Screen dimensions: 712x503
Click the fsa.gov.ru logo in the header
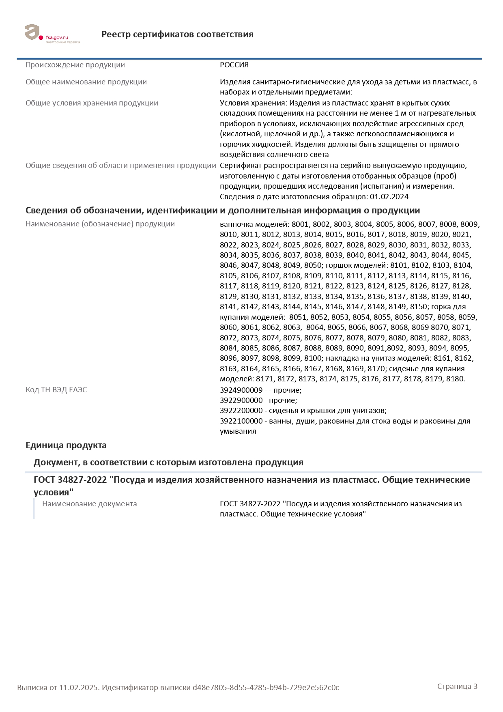pos(52,34)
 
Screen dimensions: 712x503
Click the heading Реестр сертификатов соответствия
pos(177,34)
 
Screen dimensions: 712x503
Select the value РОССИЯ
pos(234,65)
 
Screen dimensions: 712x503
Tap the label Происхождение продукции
pos(75,65)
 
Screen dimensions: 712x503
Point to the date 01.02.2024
pos(389,197)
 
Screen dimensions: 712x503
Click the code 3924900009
pos(241,390)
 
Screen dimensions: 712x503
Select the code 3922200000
pos(241,411)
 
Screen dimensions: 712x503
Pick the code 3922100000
pos(241,421)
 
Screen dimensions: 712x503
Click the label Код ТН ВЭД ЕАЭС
pos(56,390)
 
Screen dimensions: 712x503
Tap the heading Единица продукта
pos(66,445)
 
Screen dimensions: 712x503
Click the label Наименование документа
pos(89,504)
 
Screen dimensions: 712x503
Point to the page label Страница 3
pos(457,686)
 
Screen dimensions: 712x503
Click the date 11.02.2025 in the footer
pos(79,688)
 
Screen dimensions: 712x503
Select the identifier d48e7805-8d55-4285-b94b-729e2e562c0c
pos(266,688)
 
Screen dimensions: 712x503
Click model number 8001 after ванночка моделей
pos(300,224)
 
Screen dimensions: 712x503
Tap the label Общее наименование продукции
pos(86,82)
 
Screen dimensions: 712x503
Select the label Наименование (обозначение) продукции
pos(100,224)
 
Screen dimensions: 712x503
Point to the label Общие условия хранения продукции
pos(92,103)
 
